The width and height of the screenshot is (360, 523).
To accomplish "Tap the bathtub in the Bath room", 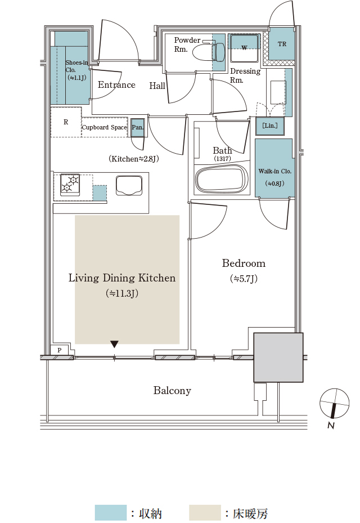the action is pyautogui.click(x=222, y=180).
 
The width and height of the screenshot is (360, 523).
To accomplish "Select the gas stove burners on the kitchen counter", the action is pyautogui.click(x=70, y=184).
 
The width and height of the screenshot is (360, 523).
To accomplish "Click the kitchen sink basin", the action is pyautogui.click(x=130, y=185).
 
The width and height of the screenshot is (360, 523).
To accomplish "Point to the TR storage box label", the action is pyautogui.click(x=282, y=44).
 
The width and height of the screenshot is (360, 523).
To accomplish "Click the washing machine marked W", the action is pyautogui.click(x=244, y=47).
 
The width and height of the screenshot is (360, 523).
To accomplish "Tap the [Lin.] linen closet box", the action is pyautogui.click(x=270, y=126).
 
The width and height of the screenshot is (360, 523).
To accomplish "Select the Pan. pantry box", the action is pyautogui.click(x=137, y=127).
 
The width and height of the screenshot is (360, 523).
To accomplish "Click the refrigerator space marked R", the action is pyautogui.click(x=66, y=122).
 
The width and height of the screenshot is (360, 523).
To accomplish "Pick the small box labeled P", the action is pyautogui.click(x=59, y=350).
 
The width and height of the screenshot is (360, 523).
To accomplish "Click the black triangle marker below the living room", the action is pyautogui.click(x=114, y=344).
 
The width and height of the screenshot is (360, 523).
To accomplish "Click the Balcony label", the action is pyautogui.click(x=172, y=391).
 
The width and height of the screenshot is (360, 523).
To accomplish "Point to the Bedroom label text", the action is pyautogui.click(x=244, y=263).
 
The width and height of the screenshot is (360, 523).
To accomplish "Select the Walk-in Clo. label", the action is pyautogui.click(x=275, y=171).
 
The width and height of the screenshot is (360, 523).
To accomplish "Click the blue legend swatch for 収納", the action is pyautogui.click(x=111, y=513).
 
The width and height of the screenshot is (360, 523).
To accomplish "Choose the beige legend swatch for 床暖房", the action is pyautogui.click(x=205, y=513).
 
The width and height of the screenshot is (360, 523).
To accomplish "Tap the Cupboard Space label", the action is pyautogui.click(x=104, y=127).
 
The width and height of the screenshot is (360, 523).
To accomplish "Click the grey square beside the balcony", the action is pyautogui.click(x=278, y=357).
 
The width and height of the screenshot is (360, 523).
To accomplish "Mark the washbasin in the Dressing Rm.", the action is pyautogui.click(x=278, y=92).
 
